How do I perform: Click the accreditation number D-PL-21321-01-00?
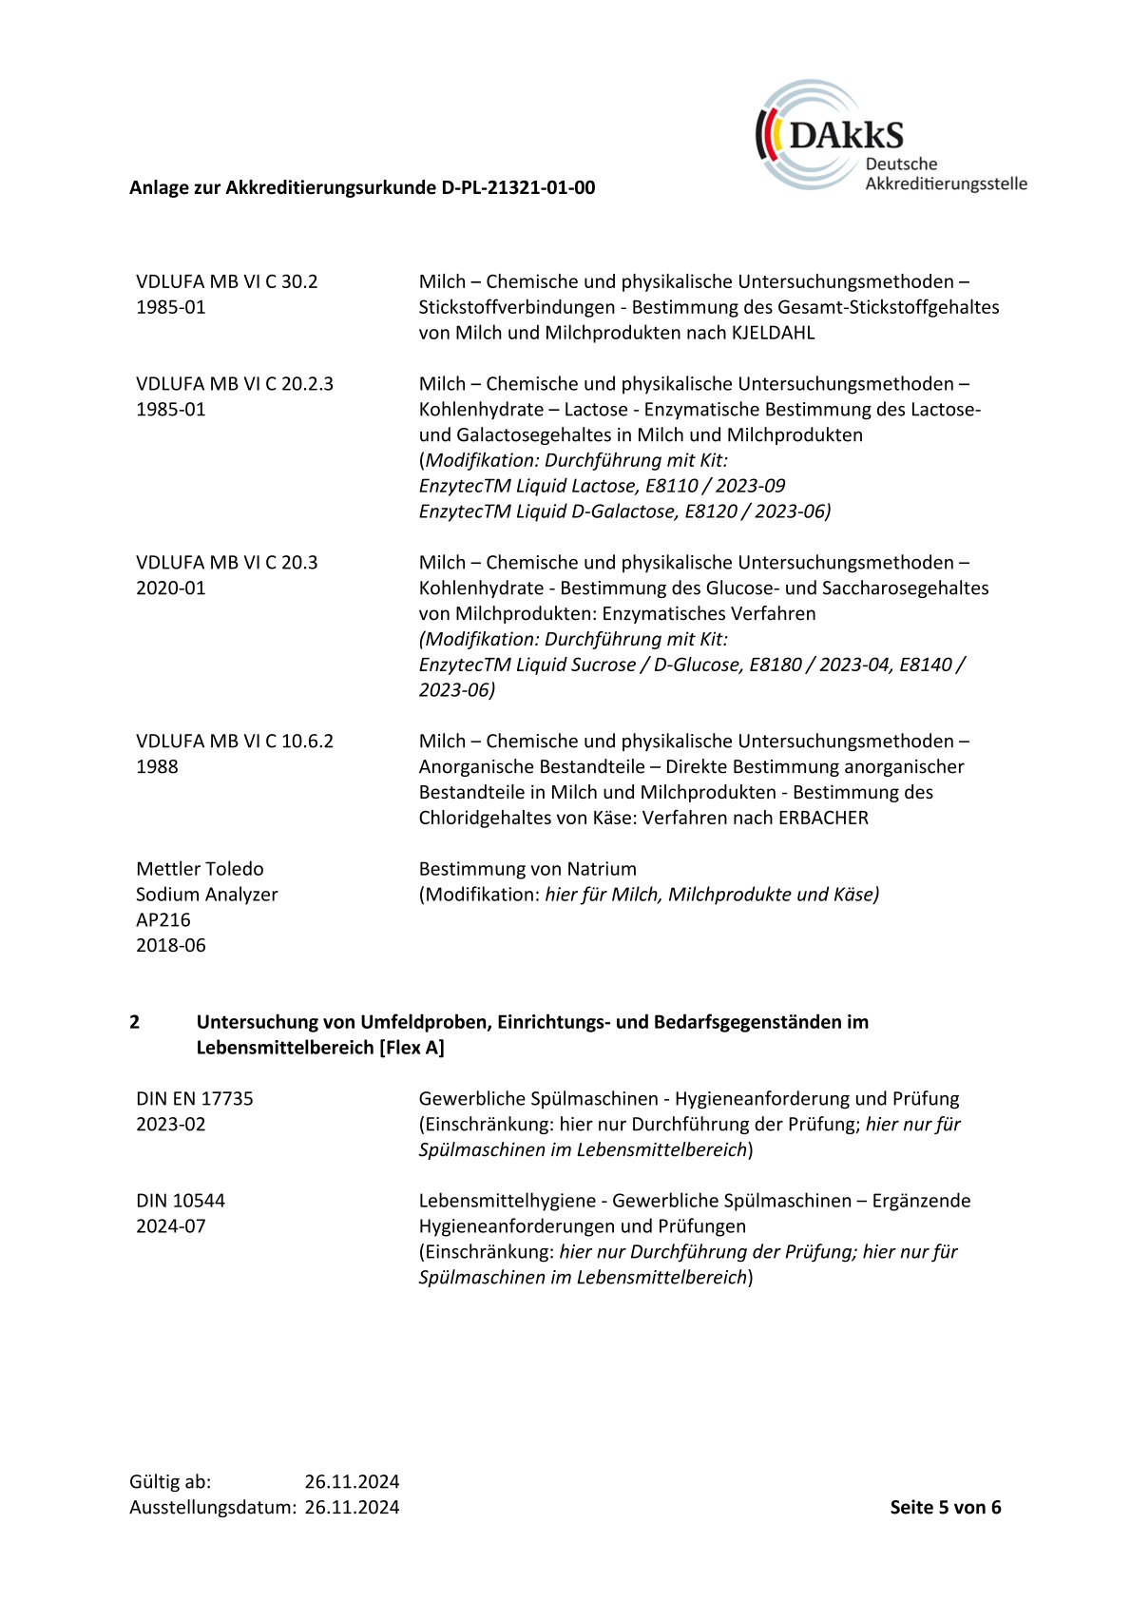tap(518, 187)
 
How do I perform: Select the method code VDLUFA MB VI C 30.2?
tap(226, 281)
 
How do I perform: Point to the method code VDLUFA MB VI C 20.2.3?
tap(234, 384)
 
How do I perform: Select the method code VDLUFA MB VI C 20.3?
tap(226, 563)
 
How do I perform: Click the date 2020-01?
tap(170, 588)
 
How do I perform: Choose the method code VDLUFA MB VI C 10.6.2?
tap(234, 742)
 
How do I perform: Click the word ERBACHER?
tap(822, 818)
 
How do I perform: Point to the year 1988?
tap(157, 767)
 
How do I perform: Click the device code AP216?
tap(163, 920)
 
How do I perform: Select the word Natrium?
tap(601, 869)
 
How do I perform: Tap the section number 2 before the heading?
tap(135, 1022)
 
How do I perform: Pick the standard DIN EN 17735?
tap(194, 1099)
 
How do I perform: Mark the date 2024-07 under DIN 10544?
tap(170, 1226)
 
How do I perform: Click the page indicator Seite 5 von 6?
tap(945, 1507)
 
